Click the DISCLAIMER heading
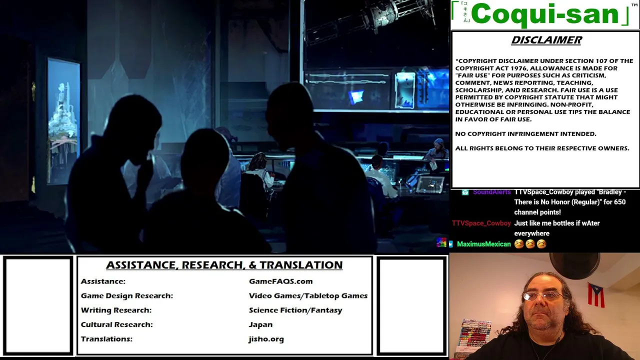point(546,40)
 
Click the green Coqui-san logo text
point(545,14)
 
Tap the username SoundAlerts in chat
point(491,192)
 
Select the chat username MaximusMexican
point(483,244)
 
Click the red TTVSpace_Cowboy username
point(481,223)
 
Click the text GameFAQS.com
point(281,281)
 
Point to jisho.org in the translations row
point(266,339)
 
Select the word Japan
point(260,324)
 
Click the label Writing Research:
point(116,310)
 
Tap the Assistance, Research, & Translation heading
point(224,265)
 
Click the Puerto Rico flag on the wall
point(596,295)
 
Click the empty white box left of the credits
point(38,305)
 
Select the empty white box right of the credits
point(411,305)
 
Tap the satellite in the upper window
point(371,17)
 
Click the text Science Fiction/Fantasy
point(295,310)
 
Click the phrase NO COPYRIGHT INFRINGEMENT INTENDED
point(525,133)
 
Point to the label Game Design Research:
point(127,295)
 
